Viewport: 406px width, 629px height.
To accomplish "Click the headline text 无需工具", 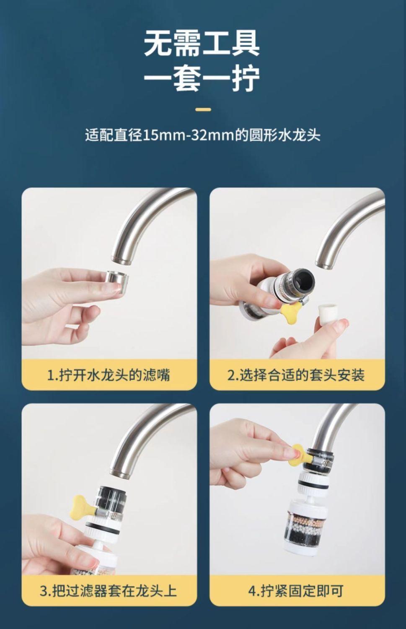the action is pyautogui.click(x=202, y=44).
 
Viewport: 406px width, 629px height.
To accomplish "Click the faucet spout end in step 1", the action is pyautogui.click(x=122, y=259).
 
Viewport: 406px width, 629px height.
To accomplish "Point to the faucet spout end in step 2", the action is pyautogui.click(x=326, y=263).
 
